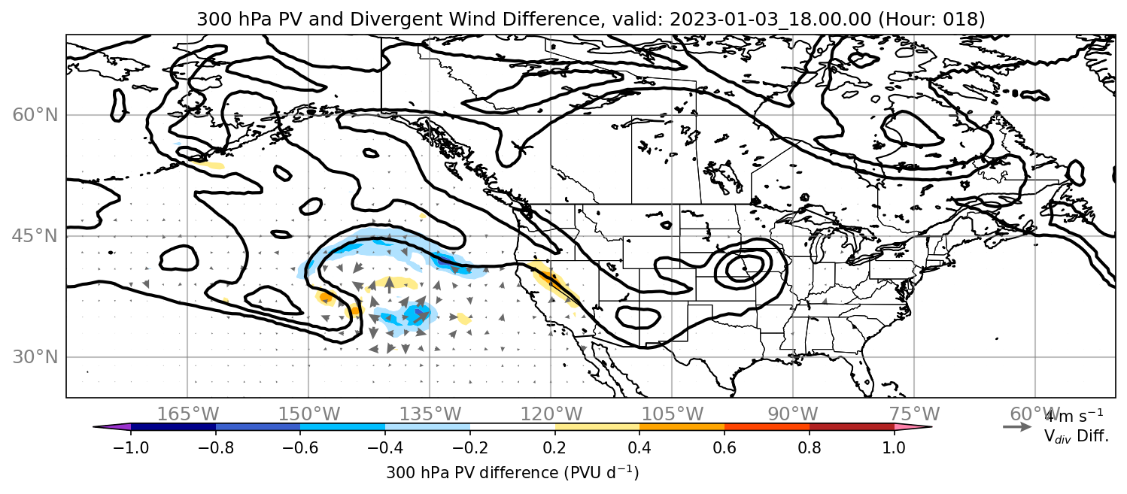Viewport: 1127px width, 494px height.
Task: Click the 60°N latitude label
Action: click(35, 115)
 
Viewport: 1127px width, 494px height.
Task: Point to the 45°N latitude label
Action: click(35, 236)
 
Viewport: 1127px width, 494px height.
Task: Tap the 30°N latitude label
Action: click(35, 357)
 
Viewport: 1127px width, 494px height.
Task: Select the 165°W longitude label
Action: click(188, 414)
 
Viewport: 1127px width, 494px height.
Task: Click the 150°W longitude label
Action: click(309, 414)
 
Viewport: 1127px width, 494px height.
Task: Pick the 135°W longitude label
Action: click(430, 414)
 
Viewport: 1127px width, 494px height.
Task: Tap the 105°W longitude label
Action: click(672, 414)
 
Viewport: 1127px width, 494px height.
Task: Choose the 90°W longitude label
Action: click(793, 414)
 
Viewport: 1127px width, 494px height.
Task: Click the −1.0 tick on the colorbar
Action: click(131, 447)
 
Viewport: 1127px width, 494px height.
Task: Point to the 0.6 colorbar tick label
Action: click(724, 447)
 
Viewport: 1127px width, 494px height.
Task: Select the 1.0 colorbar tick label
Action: click(894, 447)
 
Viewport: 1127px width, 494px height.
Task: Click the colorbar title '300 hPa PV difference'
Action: click(472, 473)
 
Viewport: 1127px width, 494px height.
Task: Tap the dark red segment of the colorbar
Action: click(852, 427)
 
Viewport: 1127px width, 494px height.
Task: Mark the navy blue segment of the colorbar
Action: click(174, 427)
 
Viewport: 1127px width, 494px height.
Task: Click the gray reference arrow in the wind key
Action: click(1017, 427)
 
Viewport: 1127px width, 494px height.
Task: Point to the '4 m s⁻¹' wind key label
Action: click(1074, 417)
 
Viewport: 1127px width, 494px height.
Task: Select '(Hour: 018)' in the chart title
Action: click(931, 19)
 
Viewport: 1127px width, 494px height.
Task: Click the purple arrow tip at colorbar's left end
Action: click(111, 427)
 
